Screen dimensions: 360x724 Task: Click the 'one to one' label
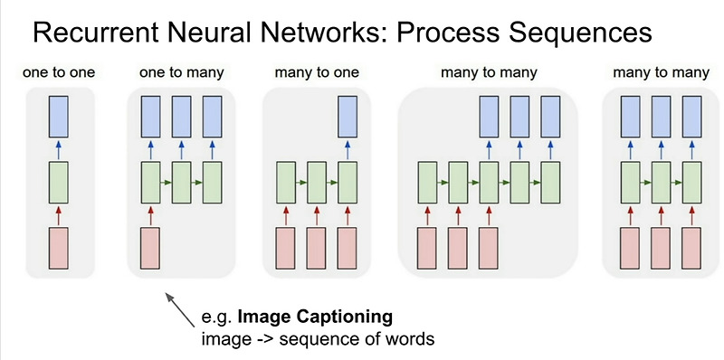tap(59, 71)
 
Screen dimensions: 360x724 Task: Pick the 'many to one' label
tap(312, 71)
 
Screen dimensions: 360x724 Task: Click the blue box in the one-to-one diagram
tap(59, 116)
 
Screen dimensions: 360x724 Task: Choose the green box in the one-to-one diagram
tap(59, 181)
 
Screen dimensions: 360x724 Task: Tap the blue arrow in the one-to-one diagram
tap(59, 148)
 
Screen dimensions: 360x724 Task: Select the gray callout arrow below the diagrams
tap(179, 309)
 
